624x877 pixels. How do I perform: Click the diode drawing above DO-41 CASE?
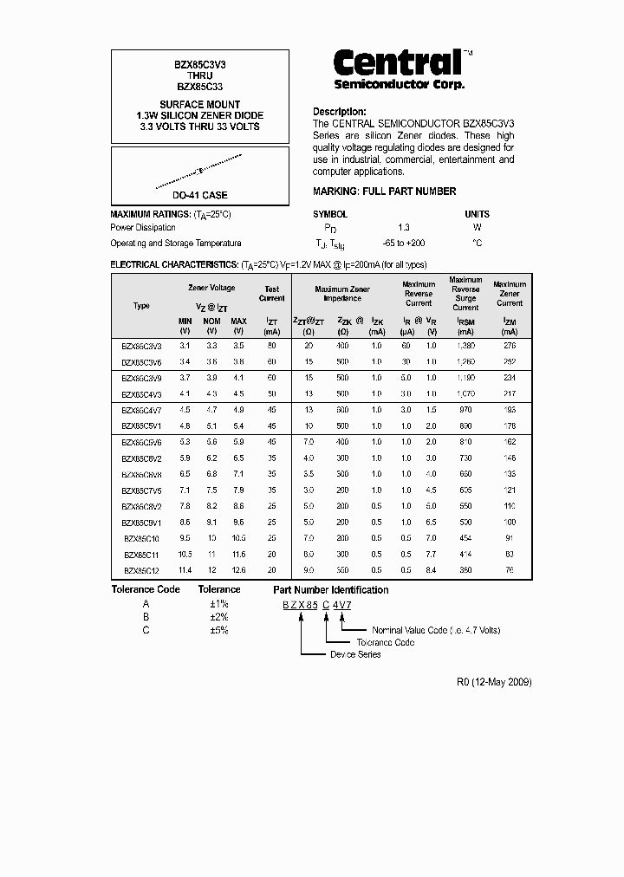pyautogui.click(x=199, y=171)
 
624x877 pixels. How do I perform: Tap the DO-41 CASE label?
pyautogui.click(x=199, y=196)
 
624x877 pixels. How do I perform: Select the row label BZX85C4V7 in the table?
pyautogui.click(x=141, y=410)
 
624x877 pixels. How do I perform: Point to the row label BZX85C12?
pyautogui.click(x=141, y=570)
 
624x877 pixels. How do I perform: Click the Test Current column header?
pyautogui.click(x=272, y=294)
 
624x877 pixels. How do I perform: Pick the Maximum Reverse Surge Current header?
pyautogui.click(x=465, y=294)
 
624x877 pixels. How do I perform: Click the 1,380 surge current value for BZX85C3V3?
pyautogui.click(x=465, y=346)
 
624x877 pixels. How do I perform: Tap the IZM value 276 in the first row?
pyautogui.click(x=510, y=346)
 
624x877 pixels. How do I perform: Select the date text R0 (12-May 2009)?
pyautogui.click(x=494, y=682)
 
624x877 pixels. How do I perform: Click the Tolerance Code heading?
pyautogui.click(x=146, y=590)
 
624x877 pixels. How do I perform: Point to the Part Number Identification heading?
pyautogui.click(x=330, y=590)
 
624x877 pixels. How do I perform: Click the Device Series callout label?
pyautogui.click(x=355, y=654)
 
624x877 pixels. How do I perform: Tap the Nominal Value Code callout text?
pyautogui.click(x=430, y=630)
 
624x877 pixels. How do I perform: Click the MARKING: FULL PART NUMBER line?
pyautogui.click(x=384, y=192)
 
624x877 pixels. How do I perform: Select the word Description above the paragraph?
pyautogui.click(x=339, y=112)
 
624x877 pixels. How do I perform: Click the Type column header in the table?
pyautogui.click(x=141, y=306)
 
